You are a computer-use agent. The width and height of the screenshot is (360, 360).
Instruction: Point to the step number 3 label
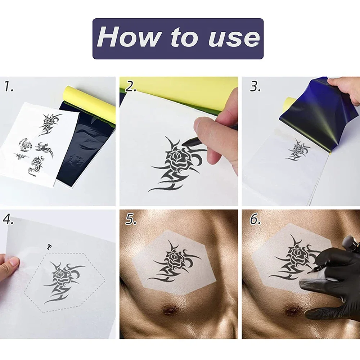point(255,87)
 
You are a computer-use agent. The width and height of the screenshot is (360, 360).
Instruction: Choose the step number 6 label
point(255,219)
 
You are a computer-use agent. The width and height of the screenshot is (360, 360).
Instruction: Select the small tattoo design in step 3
point(298,149)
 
